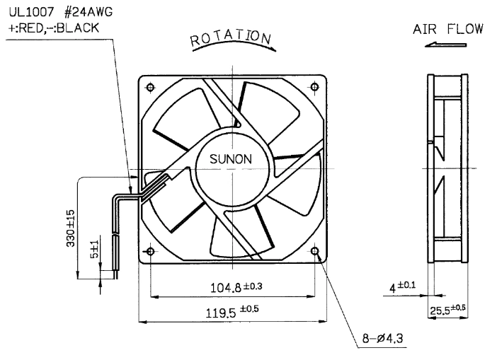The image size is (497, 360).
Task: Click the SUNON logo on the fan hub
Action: (x=231, y=159)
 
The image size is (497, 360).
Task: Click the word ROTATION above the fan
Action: (x=230, y=37)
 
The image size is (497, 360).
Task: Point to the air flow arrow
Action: (x=445, y=45)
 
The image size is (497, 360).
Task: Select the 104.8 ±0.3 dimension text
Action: (x=236, y=287)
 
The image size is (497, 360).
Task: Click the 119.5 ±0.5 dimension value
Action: (x=232, y=311)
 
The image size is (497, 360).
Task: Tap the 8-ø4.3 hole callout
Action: (x=382, y=338)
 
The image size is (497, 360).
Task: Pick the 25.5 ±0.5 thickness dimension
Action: (x=448, y=309)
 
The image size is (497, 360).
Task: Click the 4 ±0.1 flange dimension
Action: (x=402, y=287)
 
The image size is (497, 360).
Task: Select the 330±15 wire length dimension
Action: (x=71, y=228)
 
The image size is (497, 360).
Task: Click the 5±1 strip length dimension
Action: (x=95, y=249)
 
